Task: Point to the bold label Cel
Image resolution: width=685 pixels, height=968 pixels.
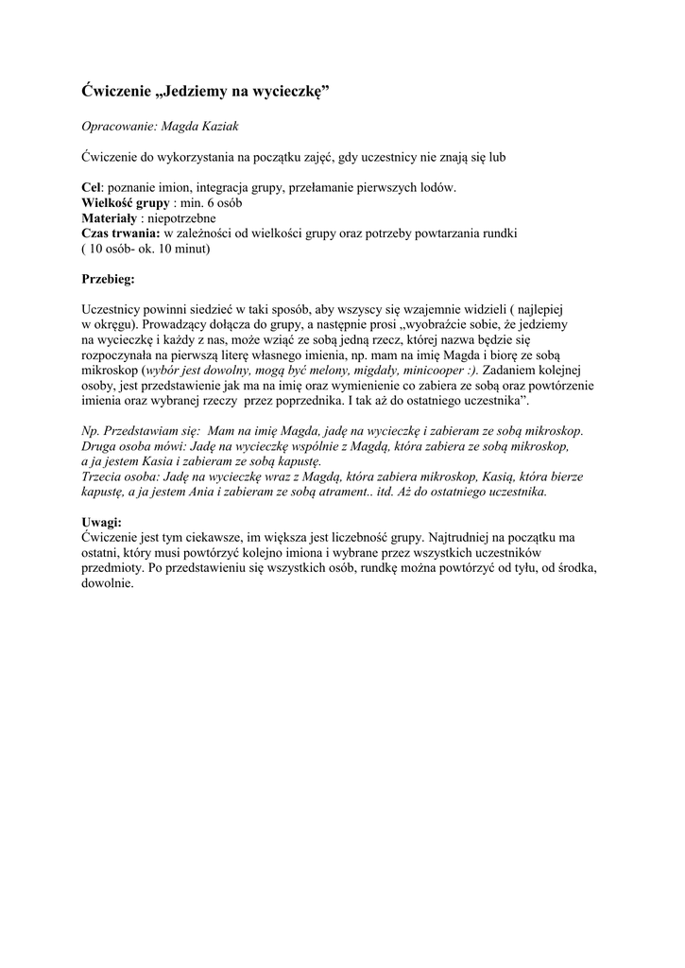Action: pyautogui.click(x=91, y=188)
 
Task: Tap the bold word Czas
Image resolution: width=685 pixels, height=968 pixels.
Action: pyautogui.click(x=96, y=233)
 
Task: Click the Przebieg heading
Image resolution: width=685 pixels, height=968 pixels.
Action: pyautogui.click(x=109, y=279)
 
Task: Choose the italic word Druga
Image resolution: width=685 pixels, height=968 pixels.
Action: pyautogui.click(x=101, y=445)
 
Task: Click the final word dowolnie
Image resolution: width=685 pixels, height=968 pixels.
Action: pyautogui.click(x=108, y=583)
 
